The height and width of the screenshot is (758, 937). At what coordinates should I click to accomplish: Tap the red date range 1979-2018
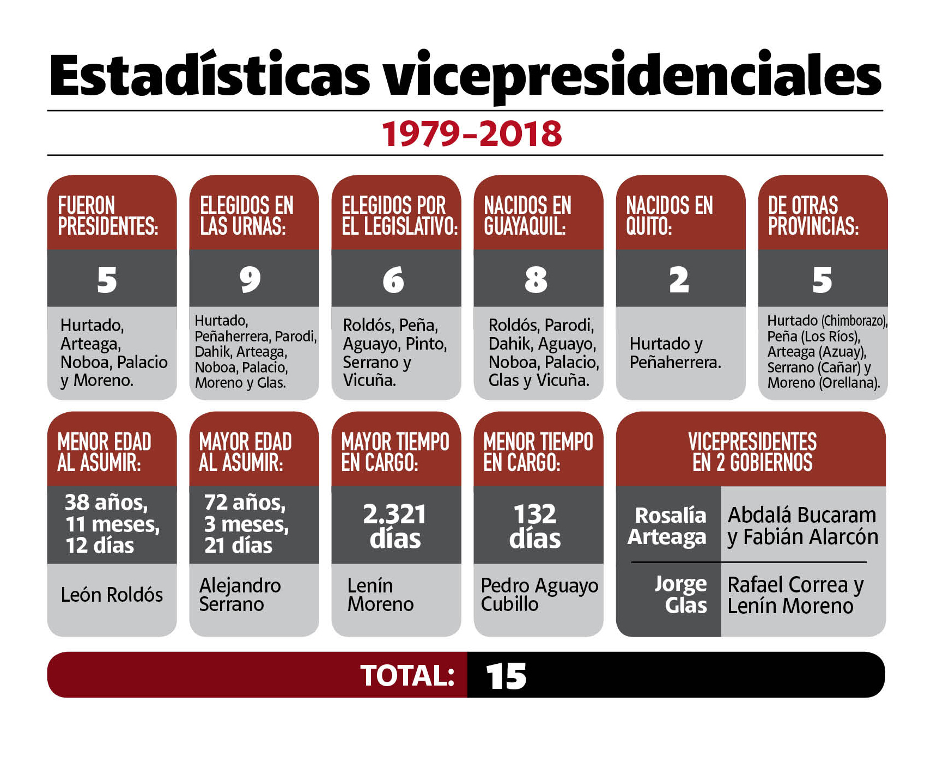pos(471,134)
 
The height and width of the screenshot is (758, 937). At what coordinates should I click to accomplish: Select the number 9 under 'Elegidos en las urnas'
pos(250,279)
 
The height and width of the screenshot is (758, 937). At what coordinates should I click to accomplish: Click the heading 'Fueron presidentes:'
pos(108,216)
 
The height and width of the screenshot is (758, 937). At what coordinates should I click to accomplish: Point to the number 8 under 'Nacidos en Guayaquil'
pos(536,280)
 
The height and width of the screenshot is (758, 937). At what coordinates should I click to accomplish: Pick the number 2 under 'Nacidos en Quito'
pos(679,280)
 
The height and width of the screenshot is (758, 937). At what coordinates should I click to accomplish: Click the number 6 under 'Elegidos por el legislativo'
pos(393,280)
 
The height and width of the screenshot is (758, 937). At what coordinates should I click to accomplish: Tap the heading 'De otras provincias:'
pos(813,216)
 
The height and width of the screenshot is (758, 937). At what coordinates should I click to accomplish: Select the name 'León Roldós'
pos(112,595)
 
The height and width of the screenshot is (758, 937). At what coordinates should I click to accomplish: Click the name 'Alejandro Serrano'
pos(240,595)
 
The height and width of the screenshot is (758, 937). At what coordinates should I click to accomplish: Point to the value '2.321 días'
pos(395,526)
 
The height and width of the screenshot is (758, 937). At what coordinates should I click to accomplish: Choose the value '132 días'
pos(535,526)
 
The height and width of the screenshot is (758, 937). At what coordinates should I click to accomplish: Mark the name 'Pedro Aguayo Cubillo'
pos(539,595)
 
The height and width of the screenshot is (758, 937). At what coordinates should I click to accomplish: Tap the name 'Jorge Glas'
pos(681,595)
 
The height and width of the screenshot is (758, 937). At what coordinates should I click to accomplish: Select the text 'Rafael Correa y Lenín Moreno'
pos(795,595)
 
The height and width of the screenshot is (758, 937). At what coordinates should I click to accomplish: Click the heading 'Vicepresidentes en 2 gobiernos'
pos(752,452)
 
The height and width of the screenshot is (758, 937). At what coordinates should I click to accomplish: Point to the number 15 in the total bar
pos(506,676)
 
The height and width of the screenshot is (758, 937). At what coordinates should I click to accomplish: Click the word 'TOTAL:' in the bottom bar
pos(407,676)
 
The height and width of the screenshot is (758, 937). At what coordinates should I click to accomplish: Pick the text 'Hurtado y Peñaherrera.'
pos(675,353)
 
